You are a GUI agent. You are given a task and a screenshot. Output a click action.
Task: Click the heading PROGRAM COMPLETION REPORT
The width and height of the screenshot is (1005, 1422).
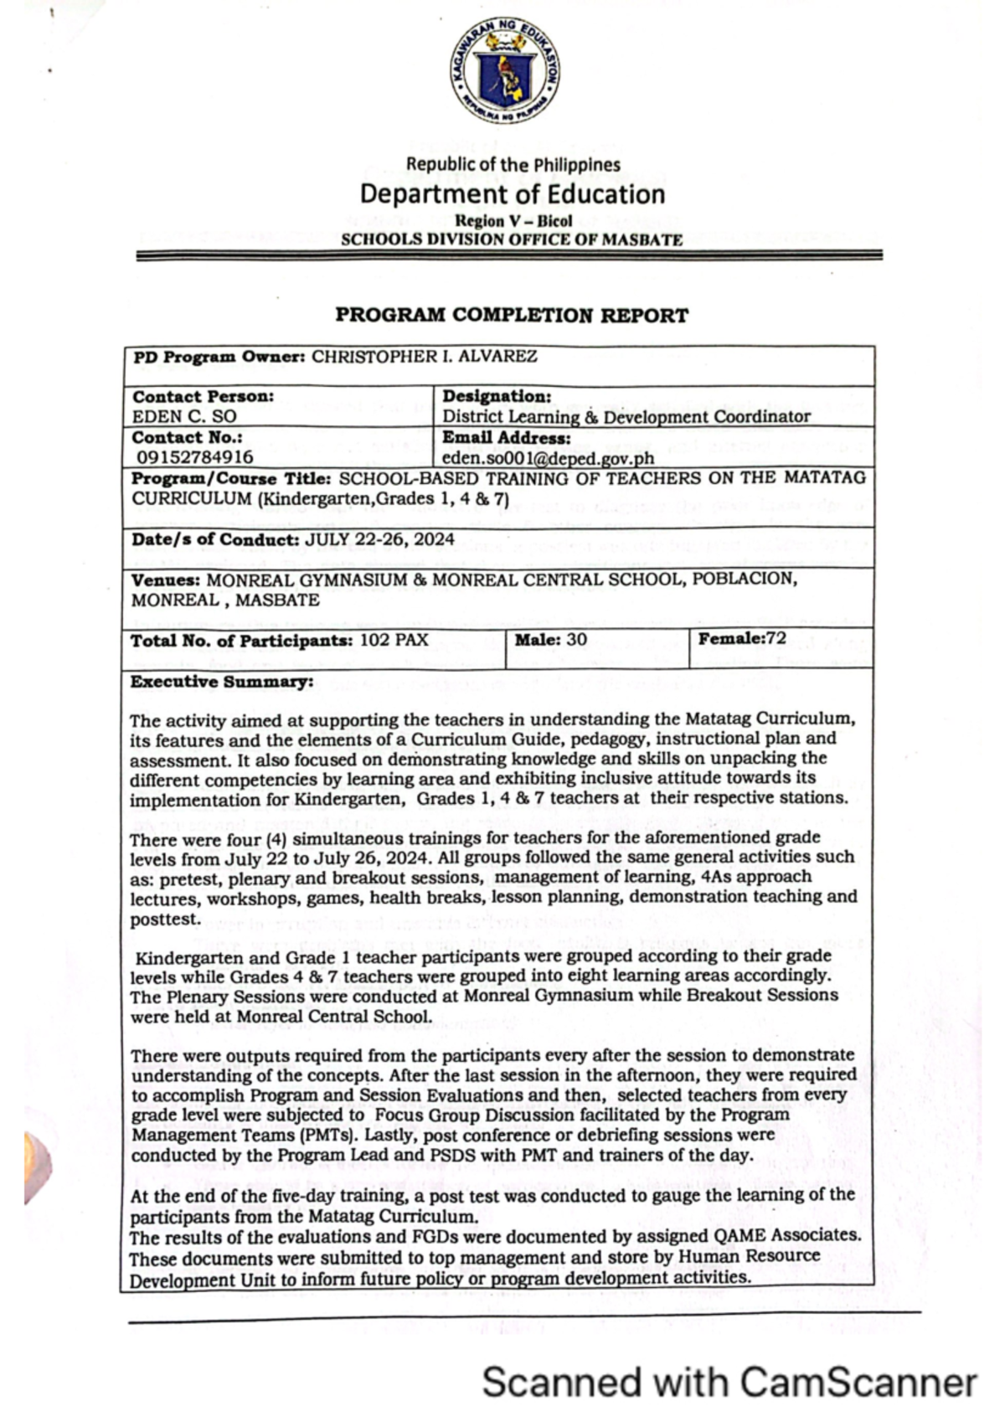click(512, 316)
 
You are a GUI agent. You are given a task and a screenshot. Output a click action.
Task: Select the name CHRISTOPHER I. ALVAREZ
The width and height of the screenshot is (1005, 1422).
click(424, 356)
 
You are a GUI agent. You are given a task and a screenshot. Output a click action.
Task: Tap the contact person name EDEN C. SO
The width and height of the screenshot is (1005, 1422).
click(184, 416)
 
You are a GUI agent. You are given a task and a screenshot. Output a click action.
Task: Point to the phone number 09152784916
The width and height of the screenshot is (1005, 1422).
click(195, 457)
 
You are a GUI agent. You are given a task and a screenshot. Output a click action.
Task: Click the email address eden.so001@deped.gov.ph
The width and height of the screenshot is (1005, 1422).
click(548, 458)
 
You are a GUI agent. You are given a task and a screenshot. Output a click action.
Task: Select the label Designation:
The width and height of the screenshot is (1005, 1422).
click(497, 396)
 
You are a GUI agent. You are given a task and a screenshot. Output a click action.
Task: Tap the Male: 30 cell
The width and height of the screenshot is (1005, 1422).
click(550, 640)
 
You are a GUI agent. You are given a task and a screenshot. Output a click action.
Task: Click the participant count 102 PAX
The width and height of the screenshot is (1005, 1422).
click(394, 641)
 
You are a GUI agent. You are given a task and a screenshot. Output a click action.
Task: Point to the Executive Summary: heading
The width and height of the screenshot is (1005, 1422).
click(221, 682)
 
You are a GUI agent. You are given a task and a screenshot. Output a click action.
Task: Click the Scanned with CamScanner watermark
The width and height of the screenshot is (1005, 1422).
click(729, 1382)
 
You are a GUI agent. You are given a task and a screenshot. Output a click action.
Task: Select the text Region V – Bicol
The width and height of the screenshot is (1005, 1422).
click(513, 221)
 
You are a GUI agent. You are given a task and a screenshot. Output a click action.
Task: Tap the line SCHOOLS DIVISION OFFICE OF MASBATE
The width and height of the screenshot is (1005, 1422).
click(511, 240)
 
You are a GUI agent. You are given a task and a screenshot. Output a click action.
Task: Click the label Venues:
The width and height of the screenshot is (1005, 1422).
click(165, 580)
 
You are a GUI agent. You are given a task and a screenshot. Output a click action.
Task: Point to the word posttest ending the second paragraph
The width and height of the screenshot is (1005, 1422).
click(165, 919)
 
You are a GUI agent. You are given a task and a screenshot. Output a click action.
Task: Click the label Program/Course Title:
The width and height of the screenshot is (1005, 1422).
click(231, 479)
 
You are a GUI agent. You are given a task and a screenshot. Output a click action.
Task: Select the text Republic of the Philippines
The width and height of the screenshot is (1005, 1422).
click(513, 165)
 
